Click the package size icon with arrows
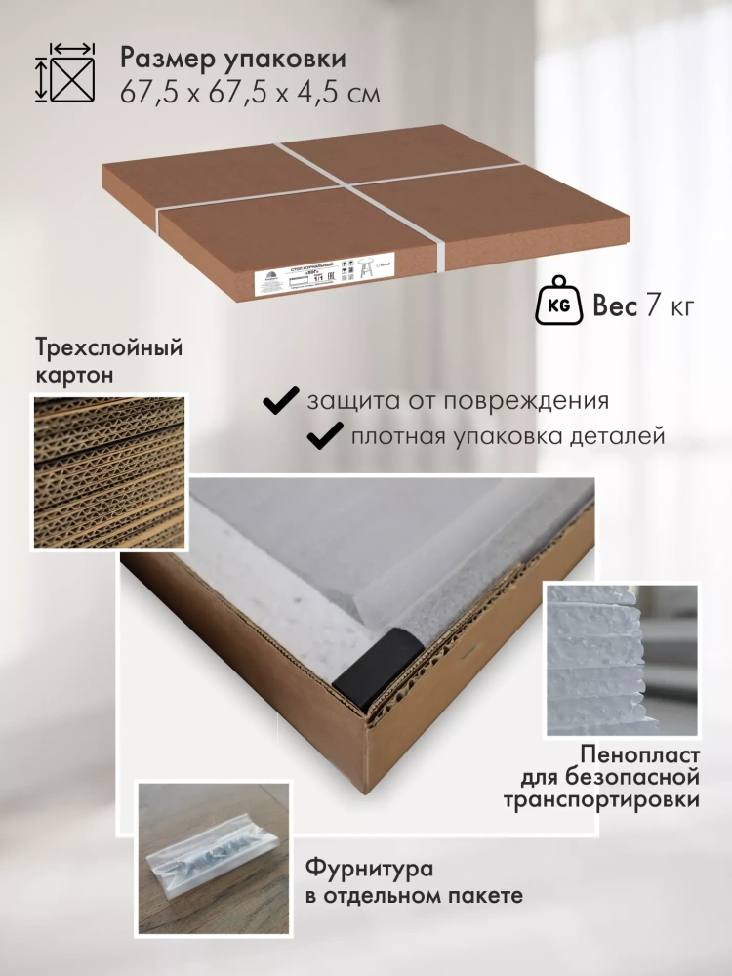(66, 72)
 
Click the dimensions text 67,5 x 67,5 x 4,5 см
(250, 94)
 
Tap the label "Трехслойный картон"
(108, 360)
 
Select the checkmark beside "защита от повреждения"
(282, 400)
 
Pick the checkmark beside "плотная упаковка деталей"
(324, 435)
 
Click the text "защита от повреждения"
(458, 401)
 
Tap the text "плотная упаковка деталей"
(508, 436)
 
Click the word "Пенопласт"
(639, 754)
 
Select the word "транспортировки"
(601, 800)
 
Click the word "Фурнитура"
(369, 869)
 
